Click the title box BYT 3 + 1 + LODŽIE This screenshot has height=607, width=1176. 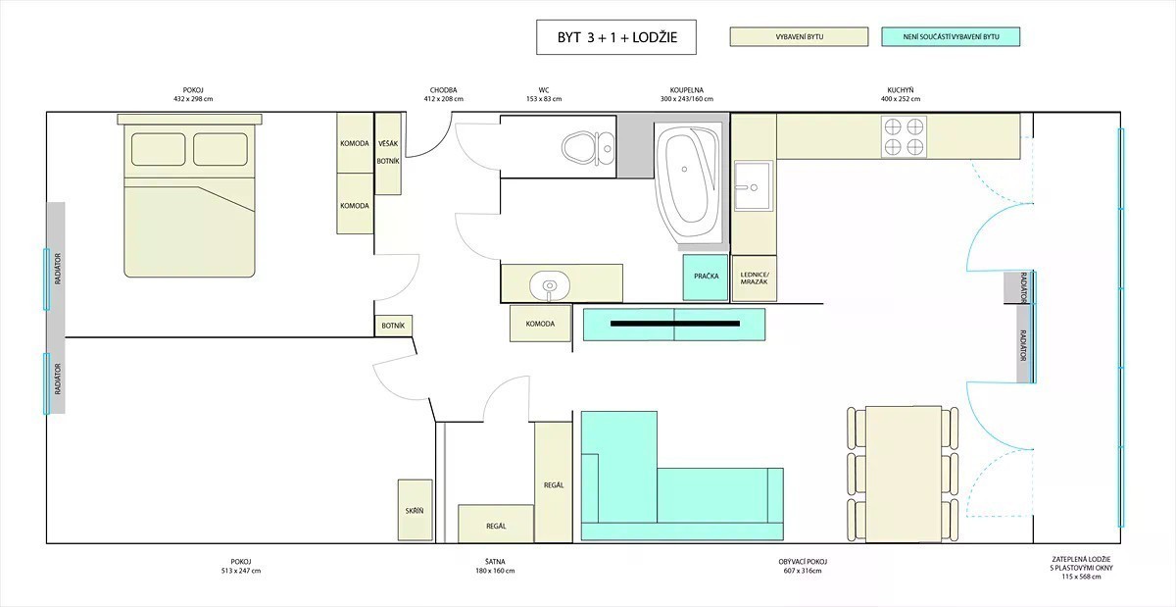point(615,37)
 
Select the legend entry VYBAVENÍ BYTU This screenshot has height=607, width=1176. point(799,37)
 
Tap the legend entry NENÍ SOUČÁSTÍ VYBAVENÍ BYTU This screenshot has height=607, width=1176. point(951,37)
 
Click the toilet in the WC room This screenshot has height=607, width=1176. point(587,147)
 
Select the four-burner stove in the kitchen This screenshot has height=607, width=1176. point(904,136)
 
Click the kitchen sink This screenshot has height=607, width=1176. point(754,185)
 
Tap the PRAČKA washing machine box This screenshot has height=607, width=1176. point(706,277)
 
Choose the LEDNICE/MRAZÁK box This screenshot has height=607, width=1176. point(755,278)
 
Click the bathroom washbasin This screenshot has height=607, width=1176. point(550,285)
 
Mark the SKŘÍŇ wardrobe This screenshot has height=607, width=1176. point(415,510)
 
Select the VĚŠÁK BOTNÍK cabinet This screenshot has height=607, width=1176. point(388,153)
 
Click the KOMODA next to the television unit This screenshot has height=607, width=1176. point(540,324)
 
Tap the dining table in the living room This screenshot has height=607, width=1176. point(903,474)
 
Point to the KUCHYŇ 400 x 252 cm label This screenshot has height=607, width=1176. point(901,94)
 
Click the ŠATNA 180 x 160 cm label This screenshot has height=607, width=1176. point(495,566)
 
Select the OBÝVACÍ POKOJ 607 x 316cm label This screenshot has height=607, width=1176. point(803,566)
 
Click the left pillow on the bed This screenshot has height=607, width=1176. point(158,149)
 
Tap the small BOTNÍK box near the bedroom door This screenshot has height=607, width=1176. point(393,326)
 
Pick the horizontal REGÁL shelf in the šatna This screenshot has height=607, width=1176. point(496,524)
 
